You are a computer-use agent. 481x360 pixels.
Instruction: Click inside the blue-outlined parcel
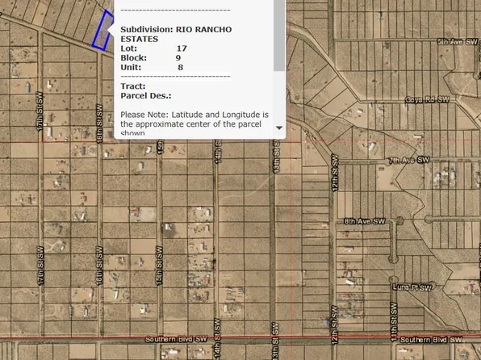(102, 32)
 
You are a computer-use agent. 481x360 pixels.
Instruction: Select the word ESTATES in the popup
(140, 39)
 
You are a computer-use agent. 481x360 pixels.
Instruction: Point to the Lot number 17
(181, 48)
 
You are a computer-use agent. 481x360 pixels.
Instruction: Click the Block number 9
(178, 58)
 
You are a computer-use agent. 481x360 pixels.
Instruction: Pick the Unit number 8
(180, 68)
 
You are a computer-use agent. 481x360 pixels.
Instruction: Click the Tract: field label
(132, 86)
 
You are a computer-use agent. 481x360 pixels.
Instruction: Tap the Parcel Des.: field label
(142, 95)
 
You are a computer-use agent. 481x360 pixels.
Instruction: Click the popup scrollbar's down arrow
(279, 128)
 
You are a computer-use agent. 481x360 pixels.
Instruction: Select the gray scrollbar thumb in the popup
(279, 36)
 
